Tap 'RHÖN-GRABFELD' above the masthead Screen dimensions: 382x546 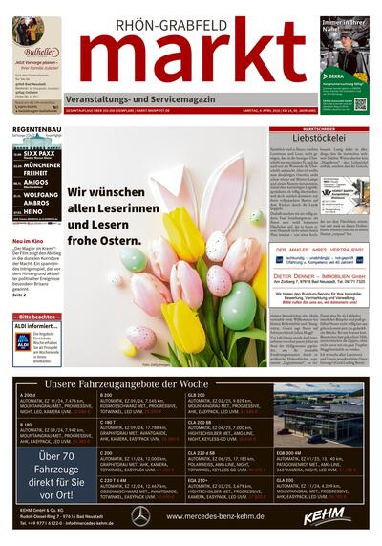(x=197, y=12)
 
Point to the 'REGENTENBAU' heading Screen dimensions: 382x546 (x=36, y=128)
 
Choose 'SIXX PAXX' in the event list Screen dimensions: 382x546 (x=40, y=151)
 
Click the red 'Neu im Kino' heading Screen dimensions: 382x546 (x=29, y=241)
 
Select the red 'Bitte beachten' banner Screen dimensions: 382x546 (x=36, y=317)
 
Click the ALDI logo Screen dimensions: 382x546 (x=22, y=340)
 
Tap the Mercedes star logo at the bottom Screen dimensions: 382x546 (x=140, y=515)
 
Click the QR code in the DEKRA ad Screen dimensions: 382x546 (x=359, y=104)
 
